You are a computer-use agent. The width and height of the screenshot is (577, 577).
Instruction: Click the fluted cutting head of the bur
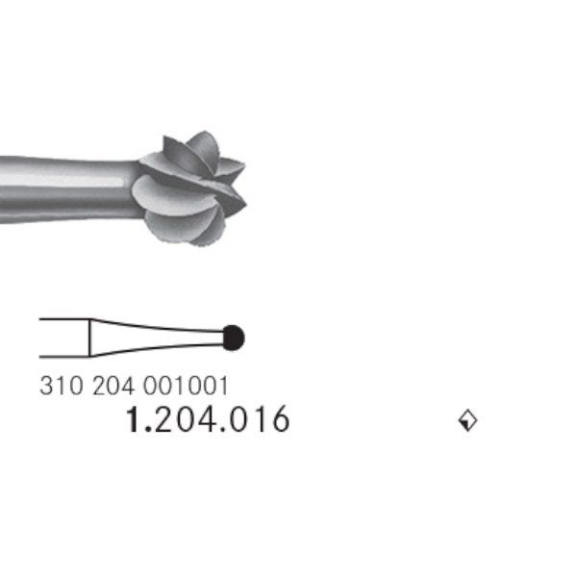pyautogui.click(x=189, y=188)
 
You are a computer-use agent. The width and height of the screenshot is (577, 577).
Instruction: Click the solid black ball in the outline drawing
pyautogui.click(x=234, y=338)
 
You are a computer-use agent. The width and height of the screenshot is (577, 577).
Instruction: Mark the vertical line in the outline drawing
pyautogui.click(x=89, y=338)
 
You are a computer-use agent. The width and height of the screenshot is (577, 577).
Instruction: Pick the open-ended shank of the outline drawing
pyautogui.click(x=64, y=338)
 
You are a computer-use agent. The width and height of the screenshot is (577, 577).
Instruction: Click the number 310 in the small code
pyautogui.click(x=62, y=386)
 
